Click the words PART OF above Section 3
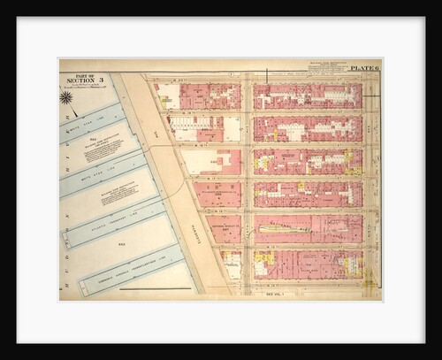[89, 75]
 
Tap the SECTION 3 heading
[89, 82]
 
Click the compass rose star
[67, 98]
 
